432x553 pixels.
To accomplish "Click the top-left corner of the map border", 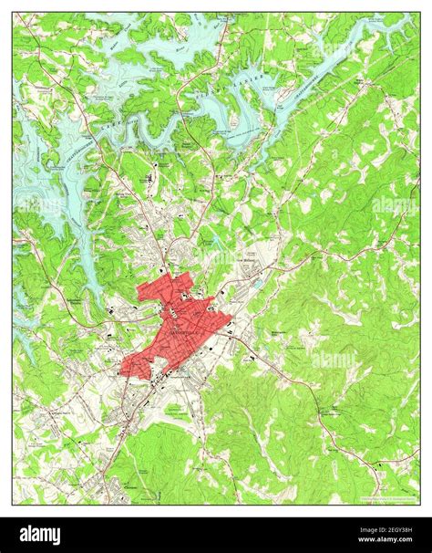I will coord(14,14).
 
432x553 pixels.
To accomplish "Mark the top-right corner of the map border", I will coord(418,14).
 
